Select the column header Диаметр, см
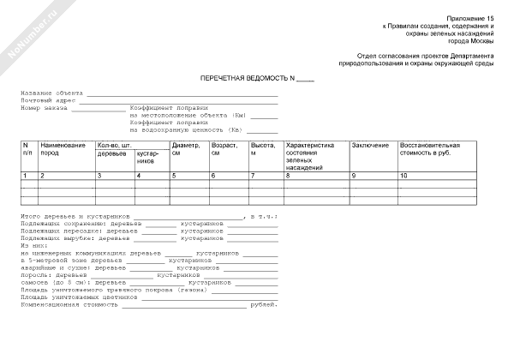[x=185, y=149]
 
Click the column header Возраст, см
[x=224, y=149]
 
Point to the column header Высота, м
[x=262, y=149]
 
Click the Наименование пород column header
[x=63, y=149]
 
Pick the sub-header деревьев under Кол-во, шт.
[x=112, y=153]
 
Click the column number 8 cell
[x=289, y=175]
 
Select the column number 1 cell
[x=25, y=175]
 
